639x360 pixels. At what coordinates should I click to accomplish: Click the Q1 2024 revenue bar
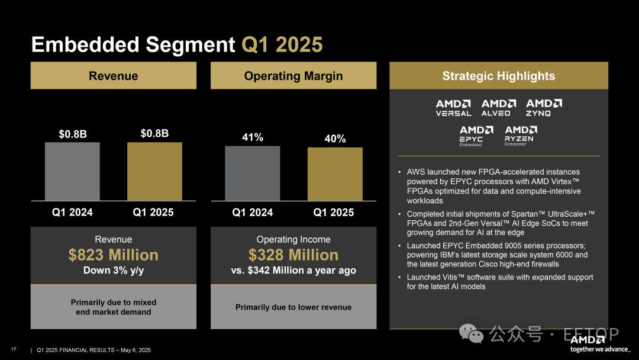[x=72, y=171]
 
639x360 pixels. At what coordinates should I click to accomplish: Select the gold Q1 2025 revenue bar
[x=154, y=171]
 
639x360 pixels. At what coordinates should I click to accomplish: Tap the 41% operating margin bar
[x=253, y=173]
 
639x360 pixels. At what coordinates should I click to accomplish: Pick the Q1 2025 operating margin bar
[x=335, y=174]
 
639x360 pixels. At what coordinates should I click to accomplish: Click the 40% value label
[x=335, y=139]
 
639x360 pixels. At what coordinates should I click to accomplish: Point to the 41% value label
[x=253, y=137]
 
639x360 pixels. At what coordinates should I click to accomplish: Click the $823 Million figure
[x=114, y=255]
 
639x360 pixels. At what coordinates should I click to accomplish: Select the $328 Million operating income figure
[x=293, y=255]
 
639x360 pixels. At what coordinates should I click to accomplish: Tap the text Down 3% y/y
[x=114, y=271]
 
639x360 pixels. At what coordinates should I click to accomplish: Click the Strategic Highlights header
[x=498, y=76]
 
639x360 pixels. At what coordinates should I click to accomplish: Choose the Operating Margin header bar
[x=293, y=76]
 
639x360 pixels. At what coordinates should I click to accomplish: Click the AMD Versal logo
[x=454, y=108]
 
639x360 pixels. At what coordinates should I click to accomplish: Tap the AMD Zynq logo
[x=544, y=108]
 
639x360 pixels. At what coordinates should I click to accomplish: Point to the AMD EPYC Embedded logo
[x=476, y=136]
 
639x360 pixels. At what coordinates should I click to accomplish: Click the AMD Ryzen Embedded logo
[x=521, y=136]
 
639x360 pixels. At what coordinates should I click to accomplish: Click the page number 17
[x=14, y=350]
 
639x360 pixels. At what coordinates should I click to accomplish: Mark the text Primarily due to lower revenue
[x=293, y=307]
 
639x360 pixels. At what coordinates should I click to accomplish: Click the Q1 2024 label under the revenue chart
[x=72, y=212]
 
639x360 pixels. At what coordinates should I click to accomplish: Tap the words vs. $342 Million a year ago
[x=293, y=271]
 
